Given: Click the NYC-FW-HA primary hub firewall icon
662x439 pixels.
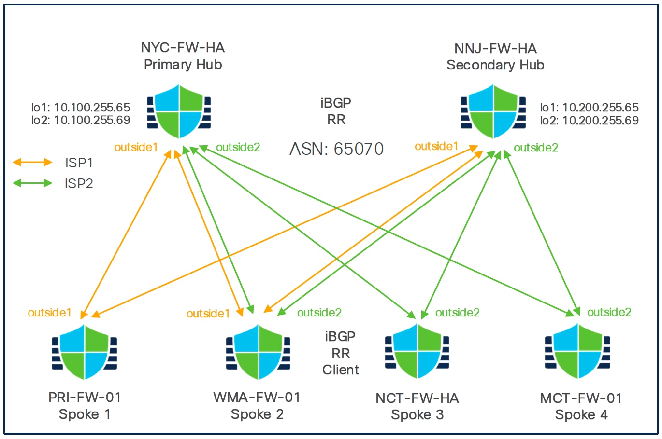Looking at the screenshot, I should pyautogui.click(x=179, y=111).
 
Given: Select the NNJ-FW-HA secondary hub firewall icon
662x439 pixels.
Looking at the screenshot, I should pyautogui.click(x=493, y=111).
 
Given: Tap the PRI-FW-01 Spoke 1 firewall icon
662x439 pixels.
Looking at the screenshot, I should pyautogui.click(x=85, y=352).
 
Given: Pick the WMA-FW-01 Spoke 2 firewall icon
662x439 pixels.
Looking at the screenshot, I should pyautogui.click(x=259, y=352).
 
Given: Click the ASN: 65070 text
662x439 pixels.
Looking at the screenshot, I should pyautogui.click(x=336, y=149).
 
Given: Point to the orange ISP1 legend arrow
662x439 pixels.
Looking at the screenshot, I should pyautogui.click(x=32, y=163).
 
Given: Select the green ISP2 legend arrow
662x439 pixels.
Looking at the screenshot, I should pyautogui.click(x=32, y=183).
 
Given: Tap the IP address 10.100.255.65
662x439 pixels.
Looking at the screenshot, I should pyautogui.click(x=92, y=107).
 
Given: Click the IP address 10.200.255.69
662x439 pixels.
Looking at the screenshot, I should pyautogui.click(x=601, y=121).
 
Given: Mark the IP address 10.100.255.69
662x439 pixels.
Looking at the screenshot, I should pyautogui.click(x=92, y=120).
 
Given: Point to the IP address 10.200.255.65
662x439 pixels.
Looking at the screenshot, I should pyautogui.click(x=601, y=107).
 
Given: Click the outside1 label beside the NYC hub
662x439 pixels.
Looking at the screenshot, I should pyautogui.click(x=136, y=147).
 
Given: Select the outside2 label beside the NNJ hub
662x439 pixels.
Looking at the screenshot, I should pyautogui.click(x=536, y=148).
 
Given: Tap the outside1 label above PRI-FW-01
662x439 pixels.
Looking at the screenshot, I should pyautogui.click(x=49, y=313).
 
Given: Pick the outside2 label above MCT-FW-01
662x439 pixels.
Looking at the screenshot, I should pyautogui.click(x=609, y=312).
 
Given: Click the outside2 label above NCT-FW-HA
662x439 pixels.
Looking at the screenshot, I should pyautogui.click(x=457, y=313).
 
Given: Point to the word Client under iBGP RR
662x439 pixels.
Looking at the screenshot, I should pyautogui.click(x=341, y=370).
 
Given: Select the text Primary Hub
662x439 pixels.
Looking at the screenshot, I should pyautogui.click(x=183, y=64).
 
